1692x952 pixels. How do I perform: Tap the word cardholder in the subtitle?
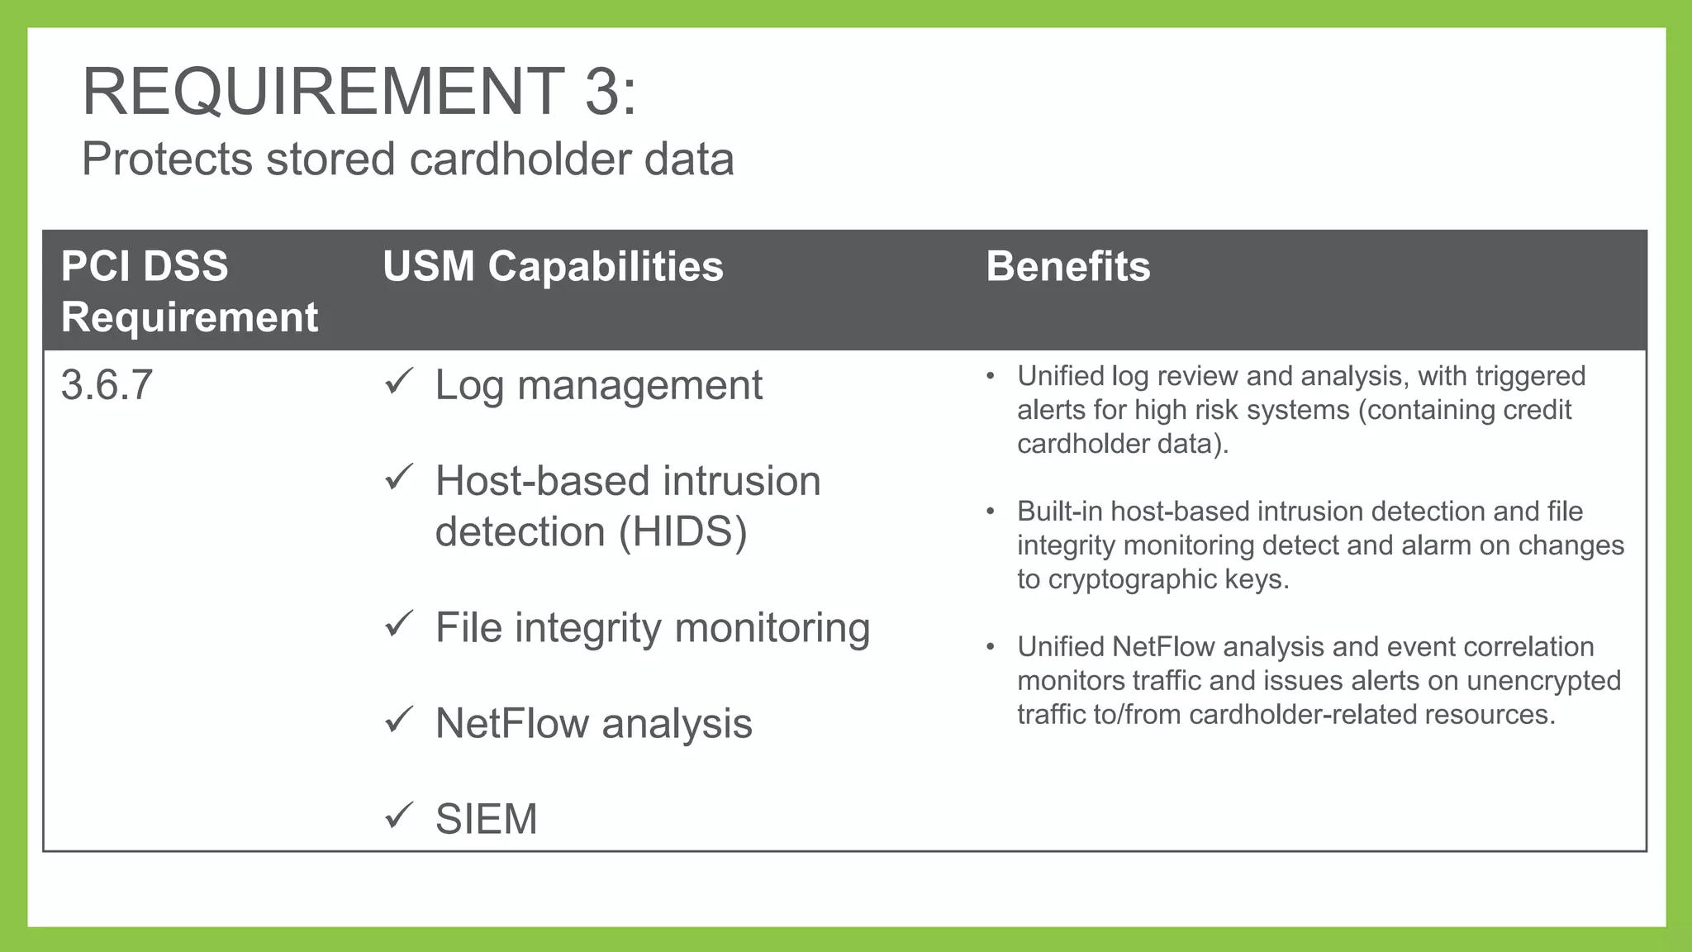pyautogui.click(x=520, y=159)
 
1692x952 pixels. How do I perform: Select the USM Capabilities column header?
pyautogui.click(x=553, y=266)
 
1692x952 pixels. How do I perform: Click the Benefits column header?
pyautogui.click(x=1067, y=266)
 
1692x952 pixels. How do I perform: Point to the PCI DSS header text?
pyautogui.click(x=145, y=266)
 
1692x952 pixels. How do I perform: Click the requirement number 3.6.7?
pyautogui.click(x=107, y=385)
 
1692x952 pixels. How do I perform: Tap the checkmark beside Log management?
pyautogui.click(x=399, y=382)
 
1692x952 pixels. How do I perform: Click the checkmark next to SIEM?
pyautogui.click(x=399, y=816)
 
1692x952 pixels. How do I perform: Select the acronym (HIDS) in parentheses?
pyautogui.click(x=683, y=531)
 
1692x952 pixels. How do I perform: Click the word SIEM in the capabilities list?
pyautogui.click(x=486, y=819)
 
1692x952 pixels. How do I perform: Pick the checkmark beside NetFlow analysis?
pyautogui.click(x=399, y=721)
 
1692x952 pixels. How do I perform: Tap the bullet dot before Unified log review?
pyautogui.click(x=991, y=377)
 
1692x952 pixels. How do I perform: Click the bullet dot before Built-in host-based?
pyautogui.click(x=991, y=512)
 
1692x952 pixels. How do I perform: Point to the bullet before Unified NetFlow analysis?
pyautogui.click(x=991, y=647)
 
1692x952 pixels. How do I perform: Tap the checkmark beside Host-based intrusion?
pyautogui.click(x=399, y=478)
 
